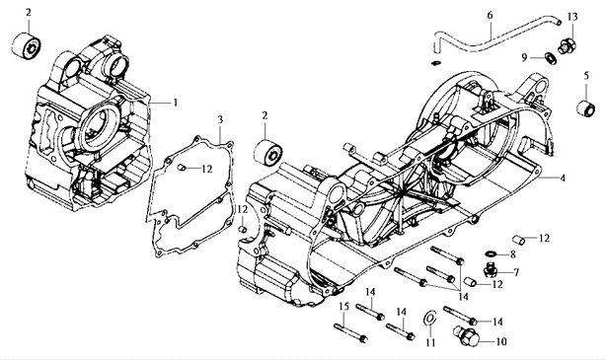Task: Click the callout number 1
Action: coord(176,103)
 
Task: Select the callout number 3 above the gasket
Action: coord(220,119)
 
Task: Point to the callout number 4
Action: coord(563,178)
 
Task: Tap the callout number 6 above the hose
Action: coord(491,15)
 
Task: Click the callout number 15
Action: coord(344,307)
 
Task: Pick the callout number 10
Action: coord(501,342)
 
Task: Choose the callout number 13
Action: coord(572,17)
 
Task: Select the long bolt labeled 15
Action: coord(350,332)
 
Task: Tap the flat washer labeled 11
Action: coord(429,318)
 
